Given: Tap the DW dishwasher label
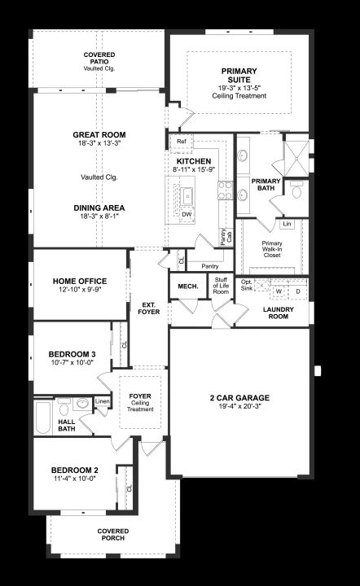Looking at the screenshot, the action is [x=187, y=214].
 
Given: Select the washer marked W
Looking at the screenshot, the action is [x=279, y=291].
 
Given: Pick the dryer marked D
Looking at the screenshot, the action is [x=298, y=291].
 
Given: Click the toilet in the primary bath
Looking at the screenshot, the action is [x=297, y=190].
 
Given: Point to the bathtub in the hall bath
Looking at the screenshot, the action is [x=43, y=418].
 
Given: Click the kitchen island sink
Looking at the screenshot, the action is [x=187, y=197].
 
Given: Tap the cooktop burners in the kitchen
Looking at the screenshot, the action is [x=226, y=190].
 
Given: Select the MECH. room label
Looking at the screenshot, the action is [x=188, y=286].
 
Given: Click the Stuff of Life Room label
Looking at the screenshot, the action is [x=221, y=286].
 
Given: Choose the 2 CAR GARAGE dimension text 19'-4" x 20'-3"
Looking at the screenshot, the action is [x=239, y=406].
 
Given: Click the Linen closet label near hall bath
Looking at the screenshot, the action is [x=103, y=401].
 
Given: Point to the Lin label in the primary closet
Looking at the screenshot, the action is [x=287, y=224].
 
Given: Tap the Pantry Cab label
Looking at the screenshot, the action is [x=226, y=237].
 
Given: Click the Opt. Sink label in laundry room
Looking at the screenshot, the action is [x=246, y=285].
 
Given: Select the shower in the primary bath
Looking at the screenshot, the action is [x=296, y=159].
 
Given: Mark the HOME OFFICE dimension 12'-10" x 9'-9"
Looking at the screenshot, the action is [x=80, y=289].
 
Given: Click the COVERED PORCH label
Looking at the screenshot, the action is [x=113, y=535].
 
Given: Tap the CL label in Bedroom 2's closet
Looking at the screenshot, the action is [x=130, y=488].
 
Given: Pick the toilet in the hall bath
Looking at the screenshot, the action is [x=64, y=408].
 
